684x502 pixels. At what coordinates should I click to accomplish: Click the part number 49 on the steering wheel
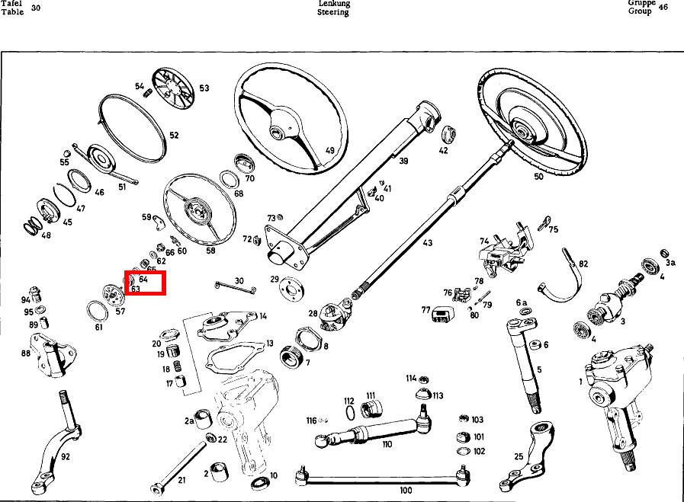329,151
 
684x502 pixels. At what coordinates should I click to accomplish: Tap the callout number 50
539,177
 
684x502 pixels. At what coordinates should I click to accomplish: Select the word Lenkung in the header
333,4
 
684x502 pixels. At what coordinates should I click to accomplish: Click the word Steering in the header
333,13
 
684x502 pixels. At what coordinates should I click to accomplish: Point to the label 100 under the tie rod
406,491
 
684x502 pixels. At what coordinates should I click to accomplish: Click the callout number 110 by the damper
387,444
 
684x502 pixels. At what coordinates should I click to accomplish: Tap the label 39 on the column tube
403,161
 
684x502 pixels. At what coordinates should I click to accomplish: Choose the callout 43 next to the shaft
427,243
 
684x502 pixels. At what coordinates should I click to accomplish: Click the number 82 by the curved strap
583,264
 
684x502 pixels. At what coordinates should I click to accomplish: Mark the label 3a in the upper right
670,262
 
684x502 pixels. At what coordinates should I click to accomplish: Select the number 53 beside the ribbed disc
204,88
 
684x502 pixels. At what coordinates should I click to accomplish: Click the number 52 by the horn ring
174,136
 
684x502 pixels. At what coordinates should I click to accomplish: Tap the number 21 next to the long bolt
181,480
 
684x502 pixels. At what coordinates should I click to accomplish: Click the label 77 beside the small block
425,310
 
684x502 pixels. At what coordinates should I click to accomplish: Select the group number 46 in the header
663,8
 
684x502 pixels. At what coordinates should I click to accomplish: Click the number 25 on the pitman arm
519,457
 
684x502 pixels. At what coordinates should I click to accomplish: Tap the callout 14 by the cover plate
263,315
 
